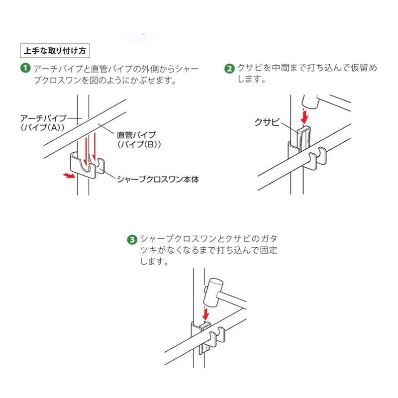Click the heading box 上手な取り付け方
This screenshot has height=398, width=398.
pos(54,51)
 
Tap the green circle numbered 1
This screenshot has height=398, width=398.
pos(25,68)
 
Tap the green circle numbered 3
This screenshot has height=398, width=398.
pos(132,239)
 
